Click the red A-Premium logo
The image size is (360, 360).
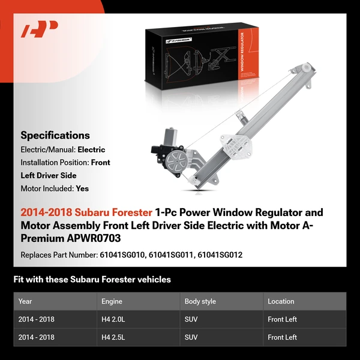click(x=39, y=29)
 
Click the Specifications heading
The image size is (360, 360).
click(x=55, y=135)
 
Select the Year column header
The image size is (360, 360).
click(x=25, y=301)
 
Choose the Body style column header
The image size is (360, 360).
click(x=200, y=301)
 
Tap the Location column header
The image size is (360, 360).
click(x=281, y=301)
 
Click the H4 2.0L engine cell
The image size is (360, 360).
click(x=115, y=319)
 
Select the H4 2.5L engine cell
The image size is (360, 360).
click(x=115, y=337)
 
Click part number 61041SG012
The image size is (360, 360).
click(x=220, y=255)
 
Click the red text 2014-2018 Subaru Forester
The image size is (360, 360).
click(x=86, y=212)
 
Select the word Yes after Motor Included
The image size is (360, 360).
click(x=82, y=188)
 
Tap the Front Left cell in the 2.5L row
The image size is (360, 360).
click(x=282, y=337)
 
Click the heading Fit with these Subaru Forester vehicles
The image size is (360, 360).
click(x=92, y=280)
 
